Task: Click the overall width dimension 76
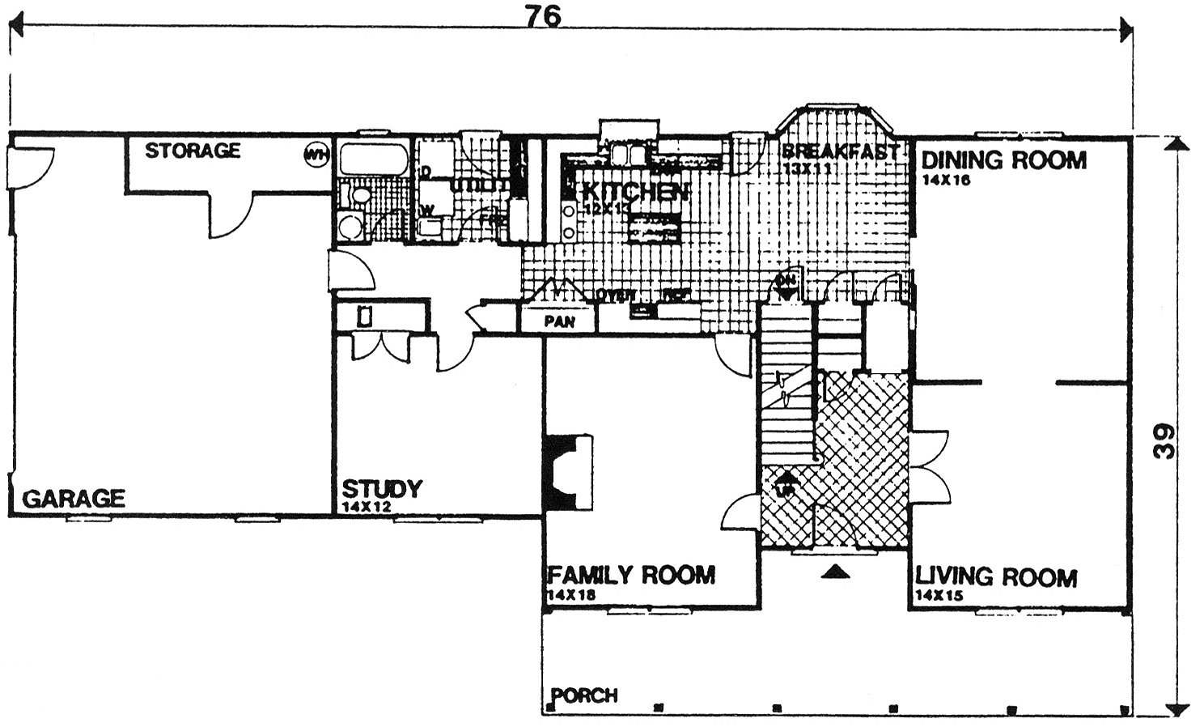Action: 542,16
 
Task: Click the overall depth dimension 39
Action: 1164,441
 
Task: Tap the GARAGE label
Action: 74,498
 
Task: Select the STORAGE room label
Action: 193,151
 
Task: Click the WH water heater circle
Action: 316,154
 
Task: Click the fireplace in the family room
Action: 569,472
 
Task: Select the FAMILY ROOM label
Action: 631,576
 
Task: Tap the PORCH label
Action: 584,695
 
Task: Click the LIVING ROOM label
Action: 995,577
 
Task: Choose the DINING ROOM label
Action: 1003,160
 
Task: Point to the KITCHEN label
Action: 634,192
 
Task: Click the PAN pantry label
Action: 559,321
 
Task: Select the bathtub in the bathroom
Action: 372,159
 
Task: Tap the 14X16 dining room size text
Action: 945,180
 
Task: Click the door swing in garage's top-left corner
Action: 32,166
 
